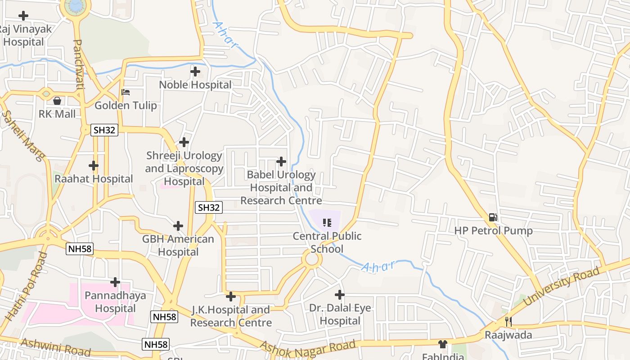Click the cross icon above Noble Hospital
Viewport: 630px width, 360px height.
pos(195,71)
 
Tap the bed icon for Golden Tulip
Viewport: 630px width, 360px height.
pos(126,92)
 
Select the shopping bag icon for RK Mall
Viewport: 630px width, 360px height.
pos(57,100)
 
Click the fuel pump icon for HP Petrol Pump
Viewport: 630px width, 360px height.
pos(493,217)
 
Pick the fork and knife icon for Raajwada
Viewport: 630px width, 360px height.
pos(508,322)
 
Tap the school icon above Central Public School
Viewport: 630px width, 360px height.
pos(327,222)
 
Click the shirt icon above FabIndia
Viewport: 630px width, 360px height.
pos(443,344)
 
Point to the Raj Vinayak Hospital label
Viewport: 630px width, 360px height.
pos(24,36)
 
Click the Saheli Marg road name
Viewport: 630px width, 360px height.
pos(23,136)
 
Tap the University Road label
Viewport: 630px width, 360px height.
pos(562,286)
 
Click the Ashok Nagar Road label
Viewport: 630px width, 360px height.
pos(308,348)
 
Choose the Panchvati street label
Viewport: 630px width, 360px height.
pos(78,64)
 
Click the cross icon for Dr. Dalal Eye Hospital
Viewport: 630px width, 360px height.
pos(340,295)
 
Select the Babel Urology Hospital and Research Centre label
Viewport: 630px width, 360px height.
pos(281,188)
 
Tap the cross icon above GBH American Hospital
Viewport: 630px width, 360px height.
pos(178,225)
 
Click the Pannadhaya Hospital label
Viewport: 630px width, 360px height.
pos(116,302)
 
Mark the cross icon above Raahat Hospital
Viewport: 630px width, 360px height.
pos(94,166)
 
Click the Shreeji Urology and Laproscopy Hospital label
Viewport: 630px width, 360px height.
pos(184,168)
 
